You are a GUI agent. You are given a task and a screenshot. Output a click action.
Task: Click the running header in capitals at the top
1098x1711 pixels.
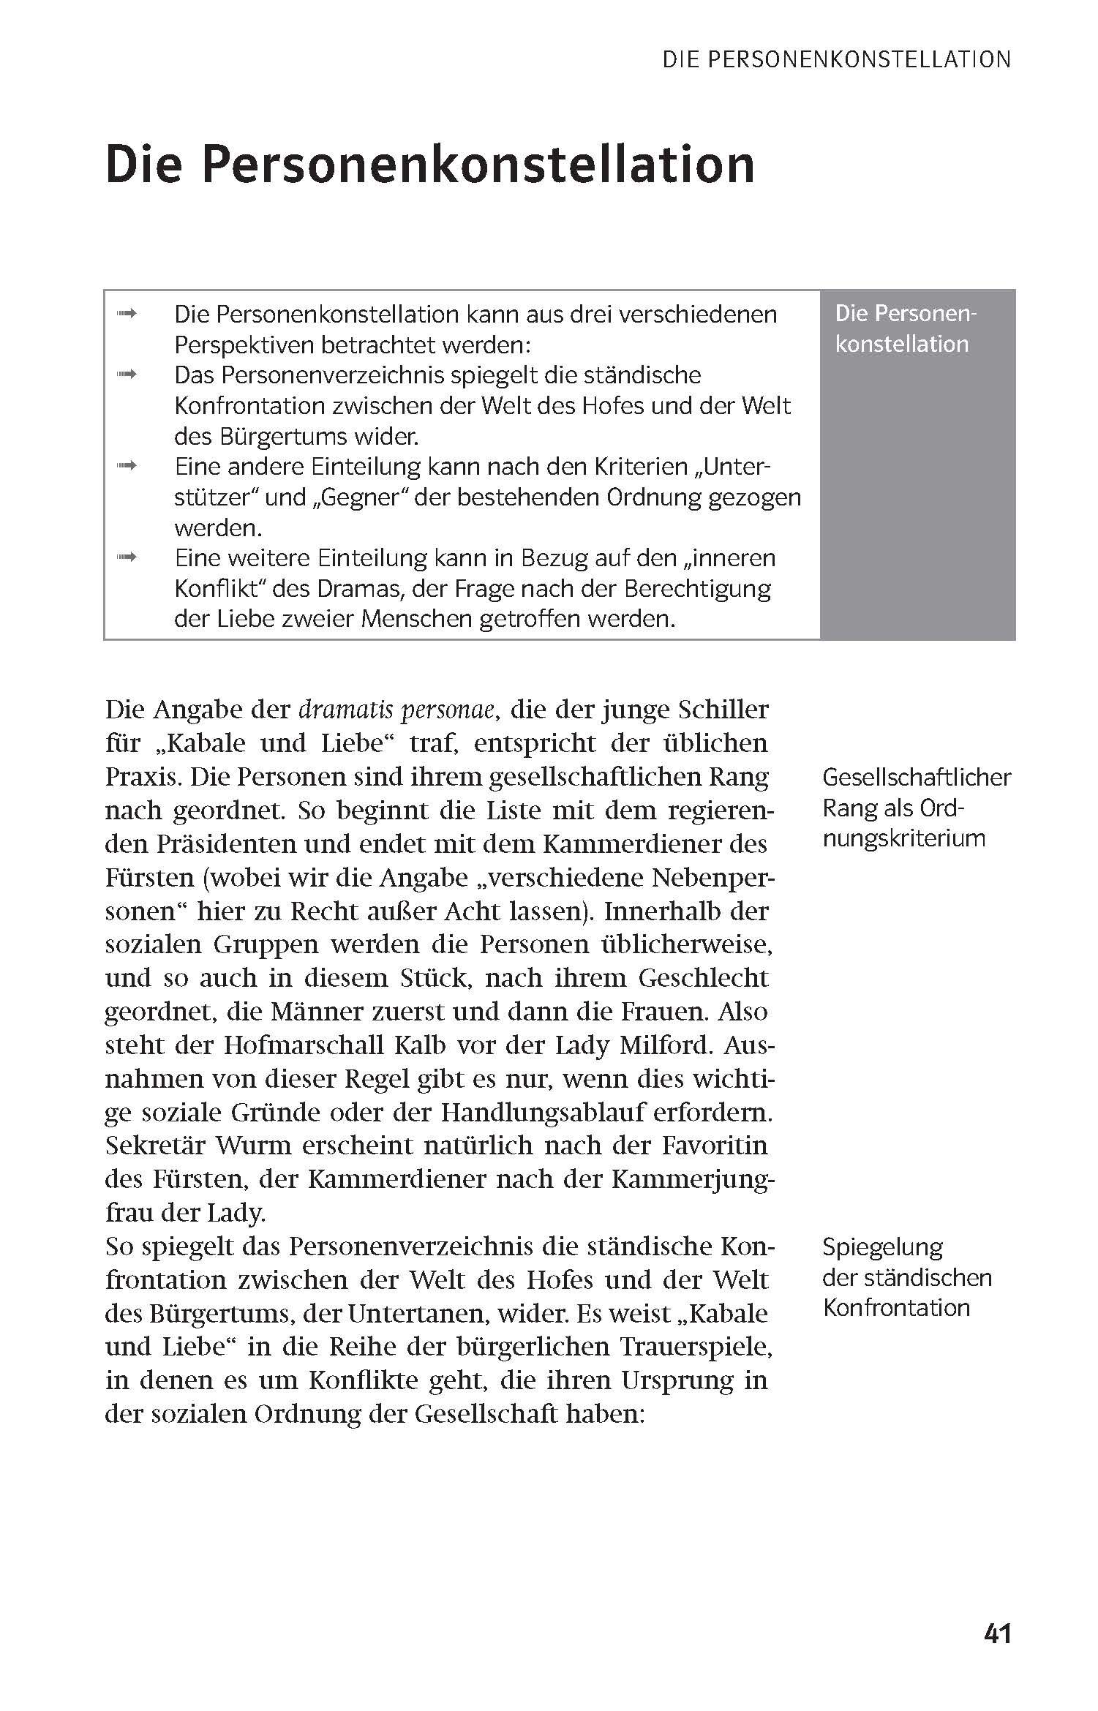click(836, 60)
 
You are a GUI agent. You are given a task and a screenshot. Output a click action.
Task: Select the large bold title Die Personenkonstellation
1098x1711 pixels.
click(430, 165)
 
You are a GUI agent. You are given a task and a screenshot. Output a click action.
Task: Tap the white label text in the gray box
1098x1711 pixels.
click(906, 329)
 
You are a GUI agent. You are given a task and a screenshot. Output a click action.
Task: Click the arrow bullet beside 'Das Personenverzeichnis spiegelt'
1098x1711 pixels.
click(127, 375)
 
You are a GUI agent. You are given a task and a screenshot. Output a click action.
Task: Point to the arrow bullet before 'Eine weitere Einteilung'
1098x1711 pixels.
click(127, 558)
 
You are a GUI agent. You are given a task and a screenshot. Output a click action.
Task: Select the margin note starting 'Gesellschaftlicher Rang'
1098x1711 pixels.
click(916, 808)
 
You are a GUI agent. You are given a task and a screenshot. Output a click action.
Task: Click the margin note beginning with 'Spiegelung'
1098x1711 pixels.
click(907, 1277)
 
